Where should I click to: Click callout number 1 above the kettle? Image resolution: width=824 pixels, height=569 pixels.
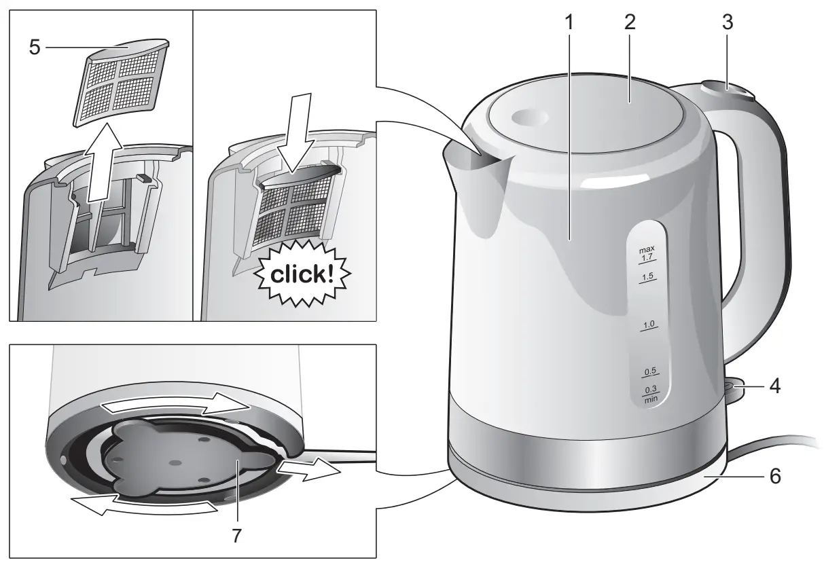tap(570, 22)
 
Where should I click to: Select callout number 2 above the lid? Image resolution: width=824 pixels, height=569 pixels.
tap(630, 22)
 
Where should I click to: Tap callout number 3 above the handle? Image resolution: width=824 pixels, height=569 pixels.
tap(727, 22)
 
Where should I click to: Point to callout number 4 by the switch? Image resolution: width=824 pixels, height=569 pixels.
tap(774, 387)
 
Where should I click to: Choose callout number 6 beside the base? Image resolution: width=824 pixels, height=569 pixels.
tap(774, 476)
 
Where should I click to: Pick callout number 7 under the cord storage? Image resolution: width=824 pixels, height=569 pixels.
tap(236, 536)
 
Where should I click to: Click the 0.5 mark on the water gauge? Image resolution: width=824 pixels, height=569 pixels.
tap(650, 372)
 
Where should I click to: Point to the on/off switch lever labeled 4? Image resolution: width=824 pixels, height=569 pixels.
tap(732, 388)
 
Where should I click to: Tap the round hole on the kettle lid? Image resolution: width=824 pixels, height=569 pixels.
tap(531, 117)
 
